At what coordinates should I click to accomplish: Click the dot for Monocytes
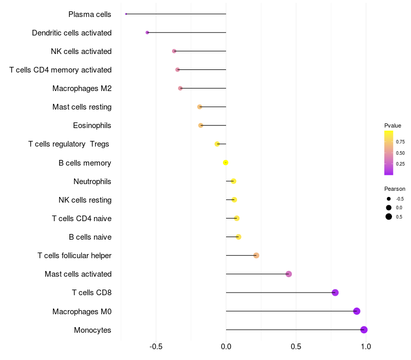pyautogui.click(x=364, y=330)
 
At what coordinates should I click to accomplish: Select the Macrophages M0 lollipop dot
pyautogui.click(x=357, y=311)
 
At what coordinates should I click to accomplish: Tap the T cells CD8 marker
pyautogui.click(x=335, y=293)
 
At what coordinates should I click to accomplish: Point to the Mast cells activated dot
pyautogui.click(x=289, y=274)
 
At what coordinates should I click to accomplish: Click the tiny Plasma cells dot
pyautogui.click(x=126, y=14)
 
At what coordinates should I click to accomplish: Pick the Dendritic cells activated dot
pyautogui.click(x=147, y=32)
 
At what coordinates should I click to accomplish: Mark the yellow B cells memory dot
pyautogui.click(x=226, y=163)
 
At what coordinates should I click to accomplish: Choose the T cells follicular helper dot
pyautogui.click(x=256, y=256)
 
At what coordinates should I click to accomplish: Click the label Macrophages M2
pyautogui.click(x=82, y=88)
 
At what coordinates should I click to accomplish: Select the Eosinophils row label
pyautogui.click(x=92, y=125)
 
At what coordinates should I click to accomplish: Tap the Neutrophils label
pyautogui.click(x=92, y=181)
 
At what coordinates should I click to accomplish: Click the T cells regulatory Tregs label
pyautogui.click(x=69, y=144)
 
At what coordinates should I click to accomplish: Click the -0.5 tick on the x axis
pyautogui.click(x=156, y=347)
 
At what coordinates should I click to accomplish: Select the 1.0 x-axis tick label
pyautogui.click(x=366, y=347)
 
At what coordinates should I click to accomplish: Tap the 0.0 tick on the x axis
pyautogui.click(x=226, y=347)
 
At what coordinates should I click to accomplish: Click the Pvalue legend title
pyautogui.click(x=393, y=125)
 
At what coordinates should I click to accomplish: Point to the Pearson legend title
pyautogui.click(x=395, y=189)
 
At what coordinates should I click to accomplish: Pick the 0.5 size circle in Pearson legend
pyautogui.click(x=389, y=217)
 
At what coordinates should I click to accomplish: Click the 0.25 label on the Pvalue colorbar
pyautogui.click(x=400, y=164)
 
